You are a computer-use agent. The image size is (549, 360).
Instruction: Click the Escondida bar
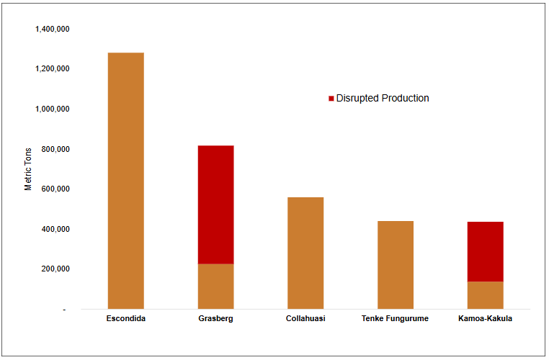126,181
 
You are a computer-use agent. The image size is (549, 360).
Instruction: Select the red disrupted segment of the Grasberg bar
215,204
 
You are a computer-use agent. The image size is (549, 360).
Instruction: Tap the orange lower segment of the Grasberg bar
215,286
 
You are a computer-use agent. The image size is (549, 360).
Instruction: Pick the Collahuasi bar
305,253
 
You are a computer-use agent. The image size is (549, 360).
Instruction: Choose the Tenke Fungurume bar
395,265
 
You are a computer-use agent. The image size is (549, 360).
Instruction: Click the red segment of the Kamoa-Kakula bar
485,251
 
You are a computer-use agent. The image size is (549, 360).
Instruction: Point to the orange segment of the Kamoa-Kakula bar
485,295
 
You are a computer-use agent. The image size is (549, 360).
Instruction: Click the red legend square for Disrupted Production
331,99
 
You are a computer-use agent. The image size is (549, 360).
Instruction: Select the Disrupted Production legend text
383,99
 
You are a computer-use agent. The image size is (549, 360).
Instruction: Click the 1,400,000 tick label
52,30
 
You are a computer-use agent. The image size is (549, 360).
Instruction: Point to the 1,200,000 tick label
52,69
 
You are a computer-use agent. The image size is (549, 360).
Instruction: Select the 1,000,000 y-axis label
52,109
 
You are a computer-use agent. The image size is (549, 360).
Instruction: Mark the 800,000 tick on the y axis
55,150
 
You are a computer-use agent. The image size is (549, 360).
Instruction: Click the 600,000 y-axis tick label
55,189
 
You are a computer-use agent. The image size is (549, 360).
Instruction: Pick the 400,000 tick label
55,230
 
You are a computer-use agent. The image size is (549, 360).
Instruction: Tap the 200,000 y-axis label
55,269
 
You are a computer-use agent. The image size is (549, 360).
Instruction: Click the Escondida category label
126,319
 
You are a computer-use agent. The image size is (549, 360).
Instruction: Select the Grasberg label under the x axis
215,319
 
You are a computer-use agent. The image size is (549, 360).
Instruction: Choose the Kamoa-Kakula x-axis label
485,319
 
